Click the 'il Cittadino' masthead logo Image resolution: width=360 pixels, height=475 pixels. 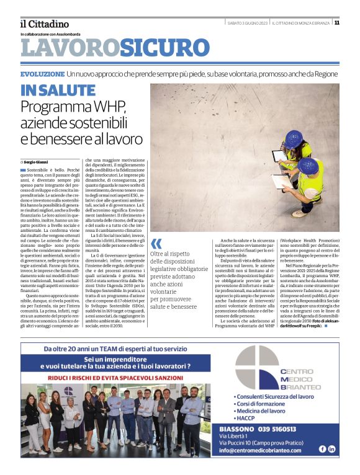pos(44,24)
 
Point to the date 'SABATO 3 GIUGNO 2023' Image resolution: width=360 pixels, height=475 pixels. pos(248,23)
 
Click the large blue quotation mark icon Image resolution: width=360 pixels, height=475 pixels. pos(156,243)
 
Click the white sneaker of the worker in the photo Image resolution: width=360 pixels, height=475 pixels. pos(299,213)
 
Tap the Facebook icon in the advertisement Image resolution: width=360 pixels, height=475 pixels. pos(322,449)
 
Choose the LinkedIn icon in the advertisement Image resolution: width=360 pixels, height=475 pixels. pos(332,449)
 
